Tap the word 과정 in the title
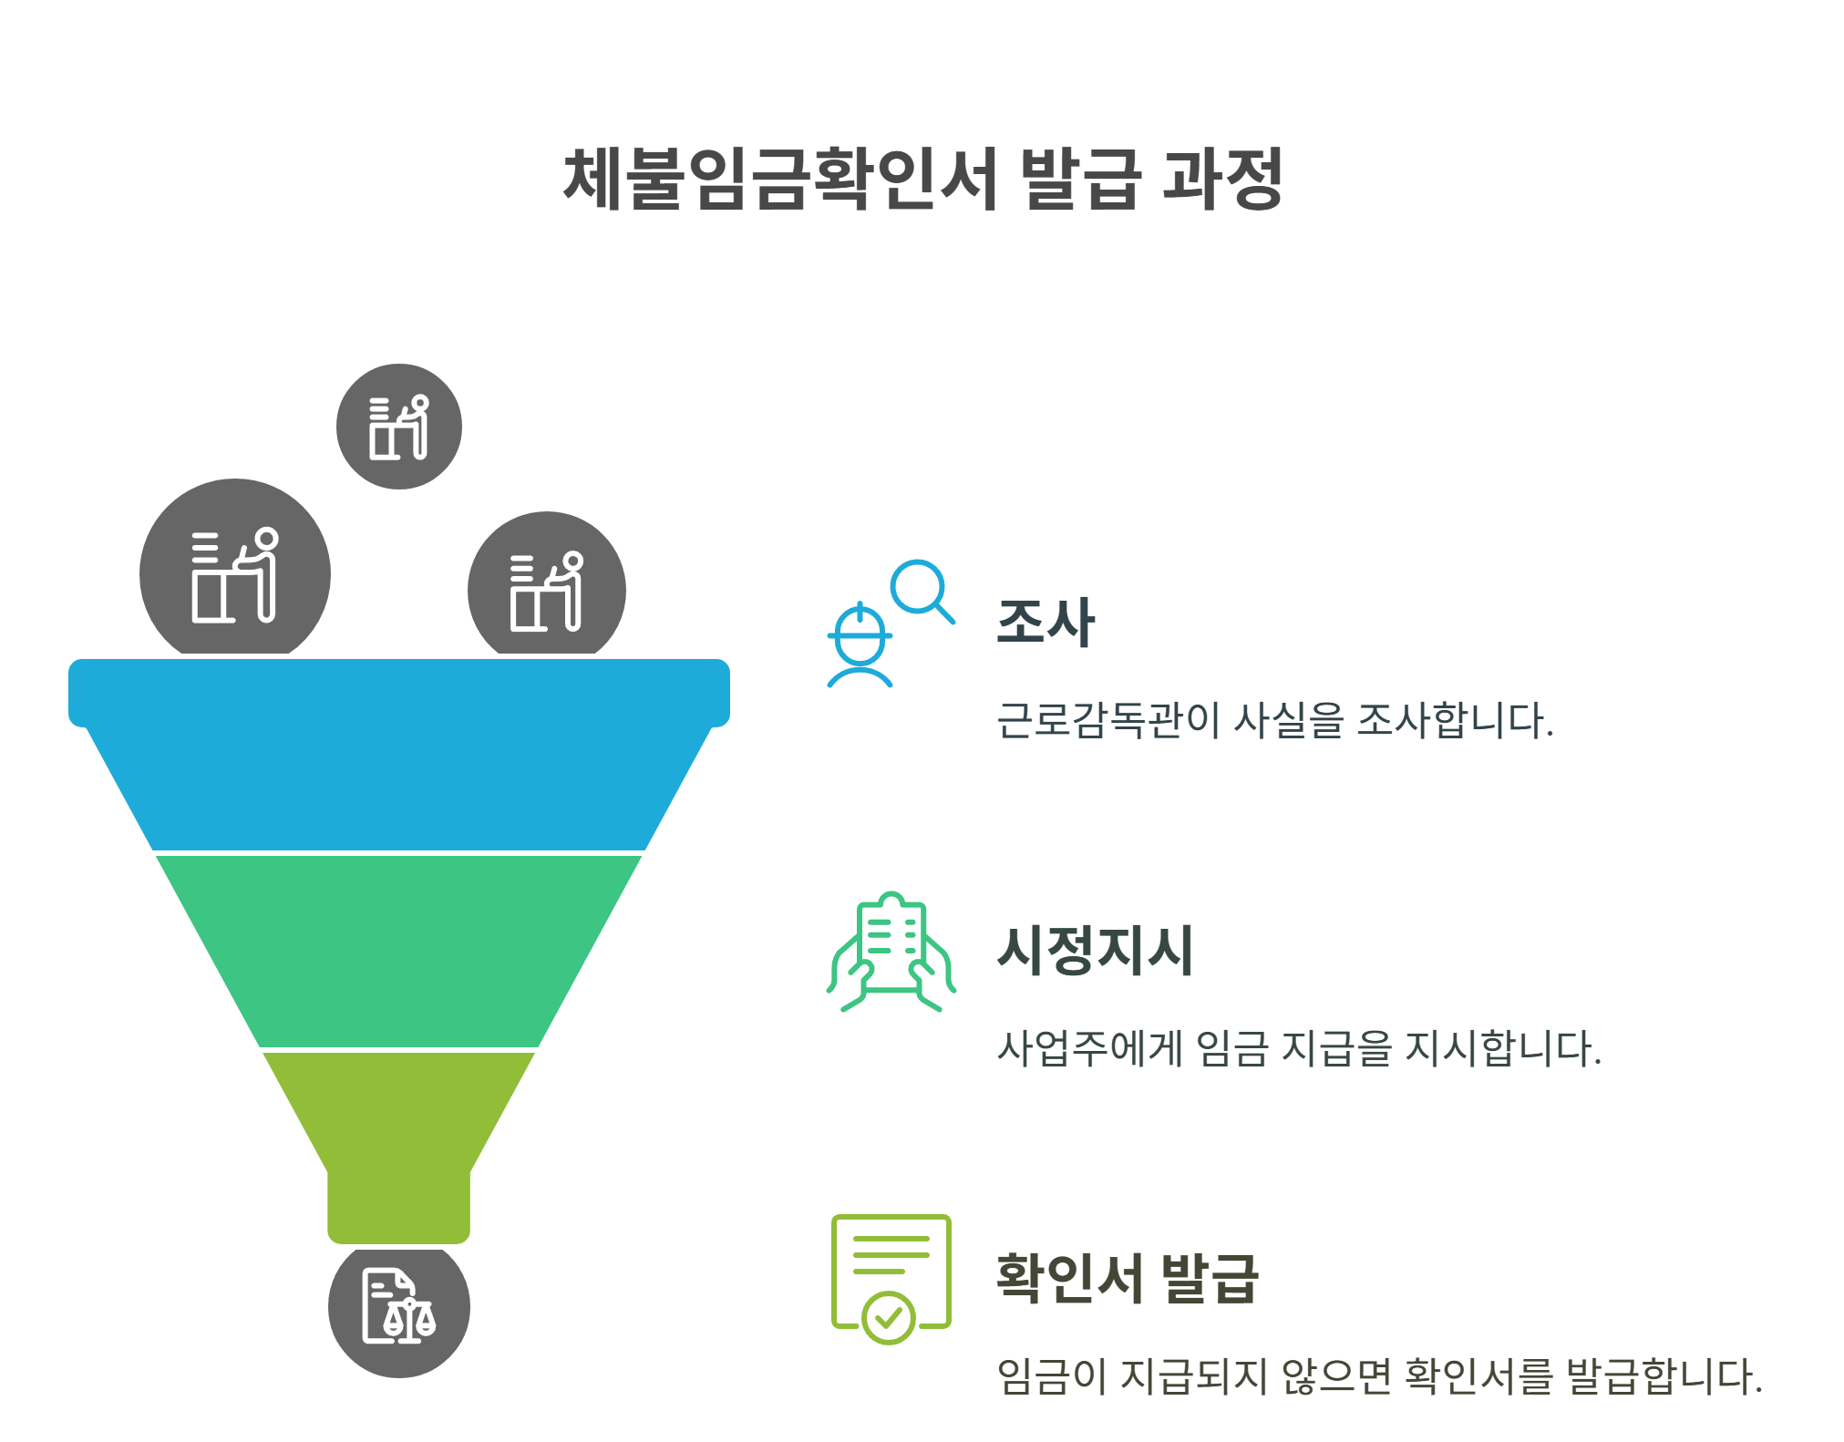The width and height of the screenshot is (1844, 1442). [1222, 179]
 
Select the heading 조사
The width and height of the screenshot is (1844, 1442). [1046, 623]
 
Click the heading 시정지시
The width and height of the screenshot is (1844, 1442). [1095, 950]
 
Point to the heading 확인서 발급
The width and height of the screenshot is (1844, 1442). [1127, 1277]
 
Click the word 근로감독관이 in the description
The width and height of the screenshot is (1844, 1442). [1107, 720]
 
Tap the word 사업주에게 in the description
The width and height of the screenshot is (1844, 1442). [1090, 1048]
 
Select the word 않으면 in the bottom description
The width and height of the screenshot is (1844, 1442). [1336, 1376]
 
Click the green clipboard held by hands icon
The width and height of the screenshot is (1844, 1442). [891, 952]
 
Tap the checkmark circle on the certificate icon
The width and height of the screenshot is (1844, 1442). [889, 1317]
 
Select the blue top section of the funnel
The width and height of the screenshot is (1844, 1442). [399, 757]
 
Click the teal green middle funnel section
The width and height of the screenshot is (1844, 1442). [399, 950]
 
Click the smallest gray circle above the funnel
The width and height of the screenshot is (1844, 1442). [398, 427]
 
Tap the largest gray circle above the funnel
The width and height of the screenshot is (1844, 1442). [235, 570]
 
